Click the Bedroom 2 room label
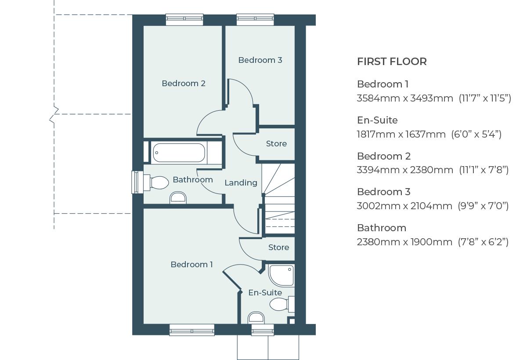(184, 84)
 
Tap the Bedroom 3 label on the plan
(260, 60)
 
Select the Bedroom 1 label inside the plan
(191, 264)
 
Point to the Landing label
(241, 182)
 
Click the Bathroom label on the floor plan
(192, 179)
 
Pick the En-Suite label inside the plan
(265, 292)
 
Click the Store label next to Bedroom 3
(276, 144)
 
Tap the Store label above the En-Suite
(278, 247)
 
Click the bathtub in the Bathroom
(179, 153)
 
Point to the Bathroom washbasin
(178, 198)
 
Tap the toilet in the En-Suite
(281, 304)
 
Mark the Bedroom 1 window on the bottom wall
(192, 330)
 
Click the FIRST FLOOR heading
(392, 62)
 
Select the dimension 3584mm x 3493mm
(405, 98)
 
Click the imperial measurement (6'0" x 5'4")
(476, 134)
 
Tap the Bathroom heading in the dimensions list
(381, 228)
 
